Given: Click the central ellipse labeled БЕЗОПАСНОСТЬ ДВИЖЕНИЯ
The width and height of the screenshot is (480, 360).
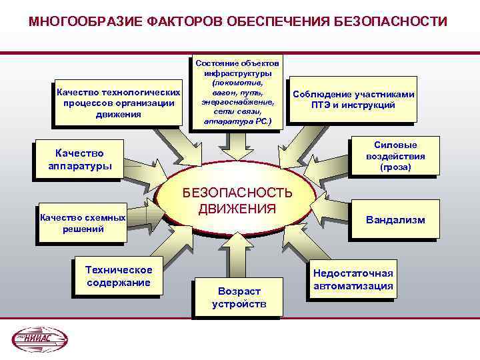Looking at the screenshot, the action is pos(237,200).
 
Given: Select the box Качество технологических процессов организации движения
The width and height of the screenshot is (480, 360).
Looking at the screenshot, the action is pos(118,103).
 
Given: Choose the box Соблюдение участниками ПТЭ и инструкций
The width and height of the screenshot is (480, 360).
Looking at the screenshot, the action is pos(353,100).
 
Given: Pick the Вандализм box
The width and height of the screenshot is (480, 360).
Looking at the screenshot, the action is pos(395,219).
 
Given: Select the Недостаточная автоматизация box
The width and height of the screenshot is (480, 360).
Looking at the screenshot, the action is pos(353,279).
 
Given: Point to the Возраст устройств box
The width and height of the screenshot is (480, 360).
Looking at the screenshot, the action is pos(239,297).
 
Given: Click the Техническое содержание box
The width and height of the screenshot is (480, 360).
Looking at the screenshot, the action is pos(119,275).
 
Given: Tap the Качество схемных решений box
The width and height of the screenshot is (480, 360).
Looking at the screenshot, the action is pos(83,223).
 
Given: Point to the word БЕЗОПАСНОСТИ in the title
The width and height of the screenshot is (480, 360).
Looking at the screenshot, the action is pos(393,21).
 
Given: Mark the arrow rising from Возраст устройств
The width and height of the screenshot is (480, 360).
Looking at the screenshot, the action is pos(238,257).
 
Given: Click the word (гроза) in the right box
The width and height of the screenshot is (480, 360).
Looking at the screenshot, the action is pos(395,168).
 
